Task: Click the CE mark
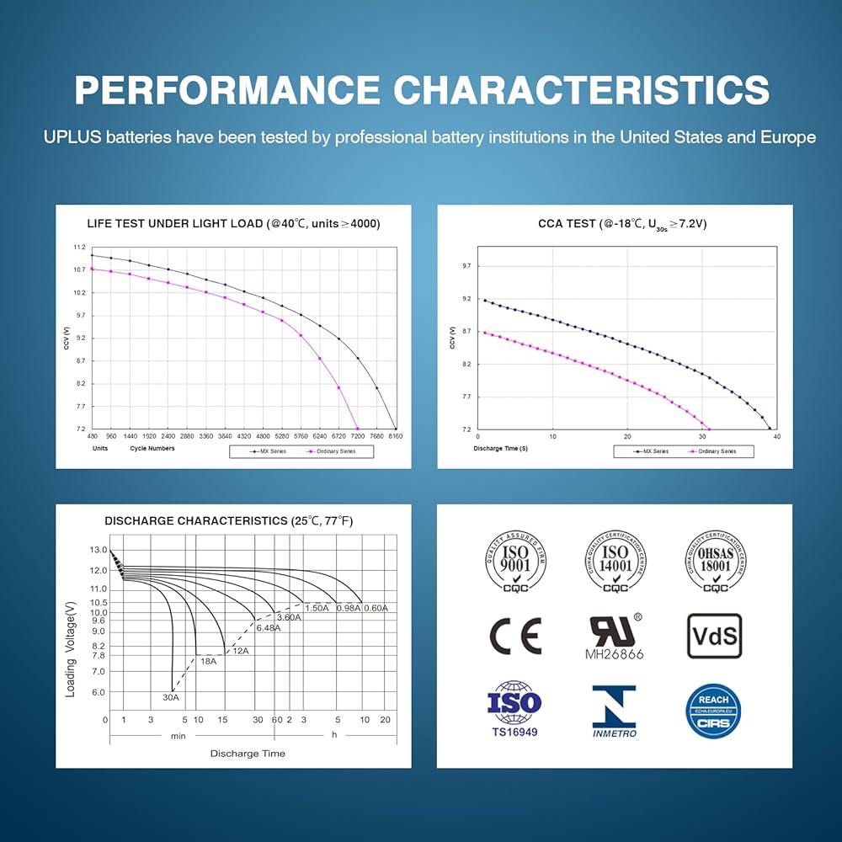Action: pos(515,637)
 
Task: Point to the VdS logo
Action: pos(715,636)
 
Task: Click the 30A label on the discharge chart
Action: pos(171,697)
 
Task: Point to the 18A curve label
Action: pos(208,662)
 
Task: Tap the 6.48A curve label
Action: pos(268,628)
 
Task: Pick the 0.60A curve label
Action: pos(376,608)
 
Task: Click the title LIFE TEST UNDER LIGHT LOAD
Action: pos(233,224)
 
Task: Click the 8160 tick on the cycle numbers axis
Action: pos(396,436)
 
